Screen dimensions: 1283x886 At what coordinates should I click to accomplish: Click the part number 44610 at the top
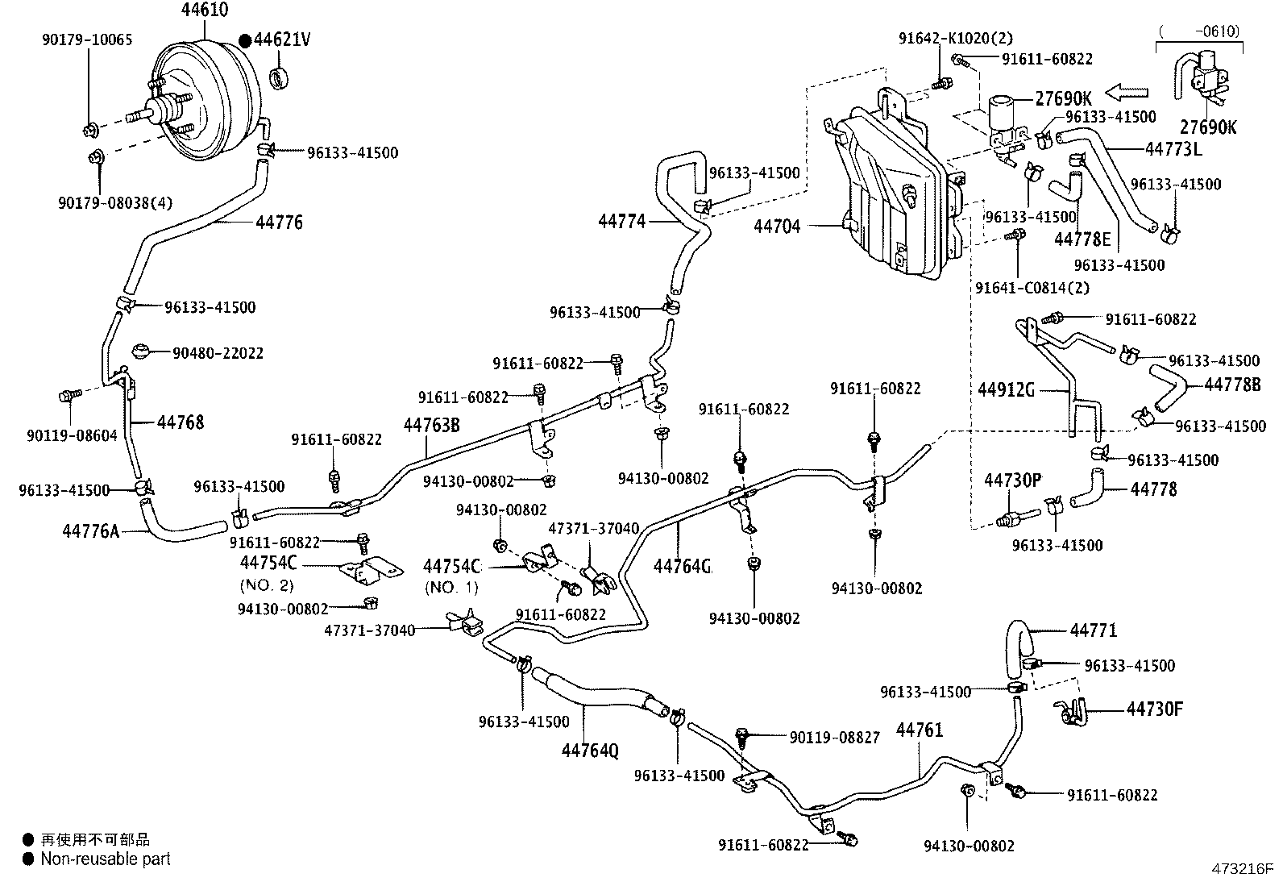tap(205, 9)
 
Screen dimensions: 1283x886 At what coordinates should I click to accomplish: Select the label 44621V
tap(282, 40)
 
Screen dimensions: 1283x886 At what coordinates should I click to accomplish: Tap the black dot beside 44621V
tap(245, 40)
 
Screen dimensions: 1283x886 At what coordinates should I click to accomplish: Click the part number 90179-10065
tap(87, 40)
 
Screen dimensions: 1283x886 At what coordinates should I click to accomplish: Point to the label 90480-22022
tap(218, 353)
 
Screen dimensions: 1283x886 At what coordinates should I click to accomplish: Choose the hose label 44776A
tap(91, 531)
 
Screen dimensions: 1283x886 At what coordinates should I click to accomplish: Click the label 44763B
tap(432, 425)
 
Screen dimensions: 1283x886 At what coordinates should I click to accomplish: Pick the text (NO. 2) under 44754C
tap(266, 585)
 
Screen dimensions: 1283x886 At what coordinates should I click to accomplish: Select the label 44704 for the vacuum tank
tap(777, 227)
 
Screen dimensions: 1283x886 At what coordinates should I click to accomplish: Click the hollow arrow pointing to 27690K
tap(1127, 92)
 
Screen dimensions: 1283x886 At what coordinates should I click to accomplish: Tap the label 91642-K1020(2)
tap(956, 39)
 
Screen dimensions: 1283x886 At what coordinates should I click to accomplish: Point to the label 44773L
tap(1173, 149)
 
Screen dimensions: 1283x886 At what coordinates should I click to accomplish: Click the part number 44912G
tap(1007, 390)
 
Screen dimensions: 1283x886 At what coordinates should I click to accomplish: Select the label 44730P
tap(1013, 480)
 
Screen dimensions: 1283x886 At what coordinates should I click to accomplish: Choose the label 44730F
tap(1155, 709)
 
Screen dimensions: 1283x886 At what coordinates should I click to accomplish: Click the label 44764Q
tap(591, 751)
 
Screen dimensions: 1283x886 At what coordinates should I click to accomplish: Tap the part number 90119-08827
tap(835, 738)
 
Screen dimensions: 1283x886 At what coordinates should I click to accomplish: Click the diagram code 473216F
tap(1242, 869)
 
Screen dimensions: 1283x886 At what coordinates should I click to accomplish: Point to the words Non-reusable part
tap(106, 859)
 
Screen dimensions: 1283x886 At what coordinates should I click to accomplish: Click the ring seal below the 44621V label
tap(279, 78)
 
